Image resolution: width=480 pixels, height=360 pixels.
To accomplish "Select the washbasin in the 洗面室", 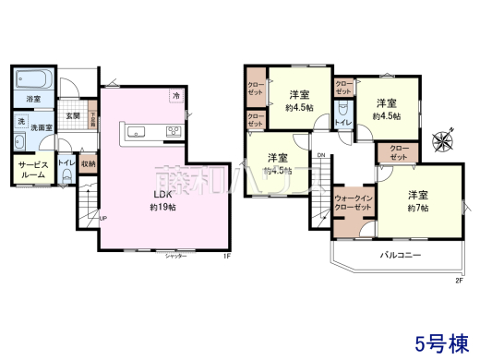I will pos(19,142).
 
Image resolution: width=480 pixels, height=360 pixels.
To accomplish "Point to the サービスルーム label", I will pos(32,169).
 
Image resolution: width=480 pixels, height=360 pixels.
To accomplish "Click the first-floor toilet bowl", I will pos(66,180).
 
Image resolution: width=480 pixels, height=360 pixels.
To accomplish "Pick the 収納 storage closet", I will pos(88,164).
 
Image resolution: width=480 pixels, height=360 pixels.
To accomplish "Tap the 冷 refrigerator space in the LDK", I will pos(175,95).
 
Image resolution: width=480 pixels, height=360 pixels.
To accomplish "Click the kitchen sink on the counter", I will pos(134,130).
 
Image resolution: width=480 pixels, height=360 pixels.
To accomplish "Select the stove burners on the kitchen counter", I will pos(173,130).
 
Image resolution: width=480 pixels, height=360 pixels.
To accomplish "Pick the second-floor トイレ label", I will pos(342,123).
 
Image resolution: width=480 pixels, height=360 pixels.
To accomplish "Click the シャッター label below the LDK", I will pos(177,256).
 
